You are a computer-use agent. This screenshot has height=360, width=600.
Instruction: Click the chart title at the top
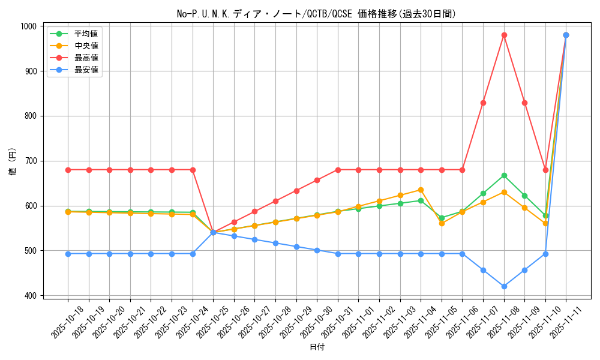tap(316, 14)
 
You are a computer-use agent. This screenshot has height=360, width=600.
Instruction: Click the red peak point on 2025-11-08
tap(504, 35)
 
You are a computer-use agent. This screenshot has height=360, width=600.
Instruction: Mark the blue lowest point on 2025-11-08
tap(504, 286)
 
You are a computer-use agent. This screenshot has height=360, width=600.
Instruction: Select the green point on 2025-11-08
tap(504, 175)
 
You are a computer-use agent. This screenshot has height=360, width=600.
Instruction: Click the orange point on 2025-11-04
tap(421, 190)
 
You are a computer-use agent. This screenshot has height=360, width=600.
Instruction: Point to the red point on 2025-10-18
tap(68, 170)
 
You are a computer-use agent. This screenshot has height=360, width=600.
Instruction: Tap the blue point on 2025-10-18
tap(68, 254)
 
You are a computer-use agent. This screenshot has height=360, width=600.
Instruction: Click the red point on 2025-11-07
tap(483, 103)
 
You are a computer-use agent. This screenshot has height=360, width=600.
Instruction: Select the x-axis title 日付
tap(317, 347)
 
